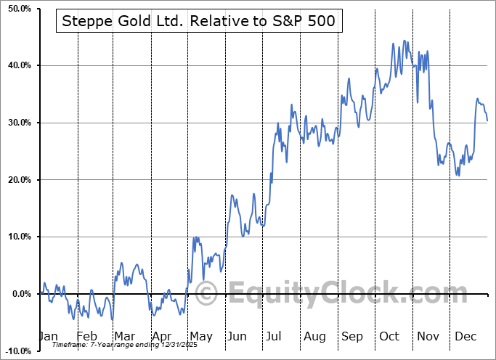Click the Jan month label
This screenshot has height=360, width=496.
pyautogui.click(x=47, y=337)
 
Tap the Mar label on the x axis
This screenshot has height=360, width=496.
pyautogui.click(x=124, y=337)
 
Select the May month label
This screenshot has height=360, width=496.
pyautogui.click(x=200, y=337)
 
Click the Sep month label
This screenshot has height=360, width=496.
pyautogui.click(x=352, y=337)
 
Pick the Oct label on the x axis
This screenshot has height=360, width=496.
pyautogui.click(x=389, y=337)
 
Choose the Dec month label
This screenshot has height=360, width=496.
pyautogui.click(x=465, y=337)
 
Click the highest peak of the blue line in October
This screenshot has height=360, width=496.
pyautogui.click(x=403, y=41)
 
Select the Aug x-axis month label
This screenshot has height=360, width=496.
pyautogui.click(x=314, y=337)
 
